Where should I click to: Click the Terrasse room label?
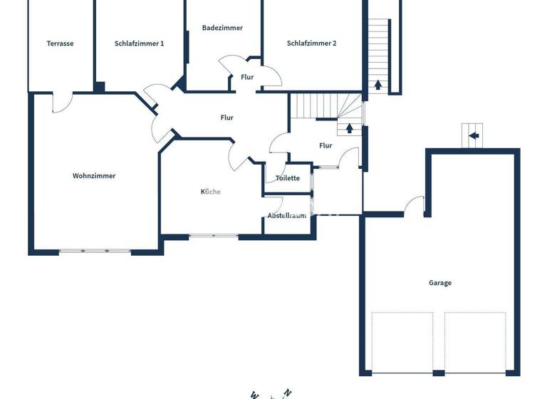[x=60, y=43]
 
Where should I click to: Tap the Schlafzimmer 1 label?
[x=139, y=43]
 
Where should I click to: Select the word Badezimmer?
[x=222, y=28]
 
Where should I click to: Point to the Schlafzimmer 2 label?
[x=311, y=43]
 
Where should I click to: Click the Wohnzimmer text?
[x=94, y=176]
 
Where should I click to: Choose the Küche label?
[x=210, y=192]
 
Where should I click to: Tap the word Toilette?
[x=288, y=178]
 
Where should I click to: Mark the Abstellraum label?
[x=287, y=215]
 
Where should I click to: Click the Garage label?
[x=439, y=283]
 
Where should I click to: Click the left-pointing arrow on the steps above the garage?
[x=474, y=134]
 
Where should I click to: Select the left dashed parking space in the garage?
[x=402, y=342]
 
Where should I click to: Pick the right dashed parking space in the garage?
[x=475, y=342]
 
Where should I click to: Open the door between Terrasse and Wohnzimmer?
[x=62, y=103]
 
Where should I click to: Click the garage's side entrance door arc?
[x=414, y=205]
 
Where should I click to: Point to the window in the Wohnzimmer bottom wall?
[x=94, y=251]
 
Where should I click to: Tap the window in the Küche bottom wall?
[x=214, y=235]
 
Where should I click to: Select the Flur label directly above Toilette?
[x=325, y=145]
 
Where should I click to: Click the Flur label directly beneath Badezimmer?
[x=247, y=77]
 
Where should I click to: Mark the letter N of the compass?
[x=288, y=392]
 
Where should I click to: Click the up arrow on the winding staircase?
[x=349, y=129]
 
